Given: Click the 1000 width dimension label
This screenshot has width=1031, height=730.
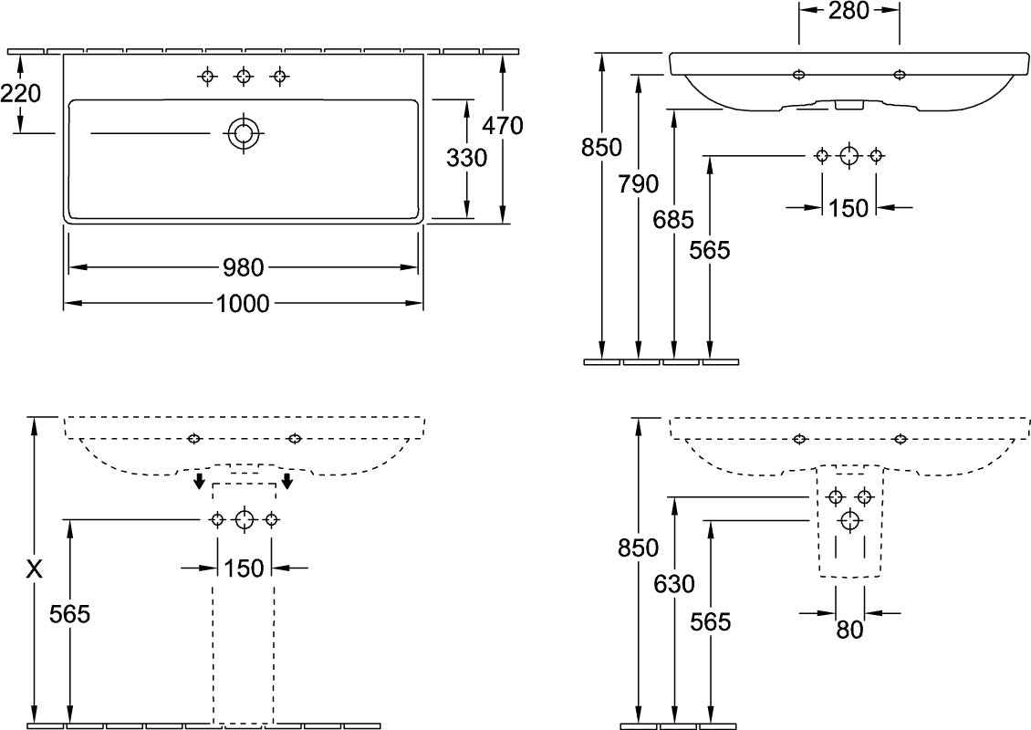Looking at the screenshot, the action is tap(243, 304).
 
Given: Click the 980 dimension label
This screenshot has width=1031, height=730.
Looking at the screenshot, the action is tap(244, 267).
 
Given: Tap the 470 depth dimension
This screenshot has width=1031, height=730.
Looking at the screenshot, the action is tap(503, 125).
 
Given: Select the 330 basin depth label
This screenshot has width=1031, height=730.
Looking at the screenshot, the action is tap(467, 158).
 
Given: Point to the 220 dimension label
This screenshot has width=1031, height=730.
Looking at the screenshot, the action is tap(20, 94).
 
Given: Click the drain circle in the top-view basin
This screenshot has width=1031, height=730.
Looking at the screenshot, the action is tap(244, 133).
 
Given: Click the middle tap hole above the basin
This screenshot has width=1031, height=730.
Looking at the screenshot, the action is tap(244, 77).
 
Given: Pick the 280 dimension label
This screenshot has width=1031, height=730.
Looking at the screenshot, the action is tap(849, 11).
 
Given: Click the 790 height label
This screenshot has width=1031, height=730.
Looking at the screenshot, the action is tap(638, 184).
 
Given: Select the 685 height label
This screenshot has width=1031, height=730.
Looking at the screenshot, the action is tap(673, 220).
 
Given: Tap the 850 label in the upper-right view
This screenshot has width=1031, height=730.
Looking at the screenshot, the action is tap(601, 148).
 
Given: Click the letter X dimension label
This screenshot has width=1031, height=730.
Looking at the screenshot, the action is tap(34, 569).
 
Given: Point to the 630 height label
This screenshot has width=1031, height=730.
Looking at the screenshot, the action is tap(674, 584).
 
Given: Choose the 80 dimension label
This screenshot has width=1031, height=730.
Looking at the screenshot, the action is tap(849, 630).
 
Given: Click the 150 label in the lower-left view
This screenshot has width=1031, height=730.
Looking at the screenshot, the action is tap(244, 568).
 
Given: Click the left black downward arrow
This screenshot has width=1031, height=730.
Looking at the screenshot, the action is tap(199, 481).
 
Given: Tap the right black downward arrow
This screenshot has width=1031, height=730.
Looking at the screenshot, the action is tap(286, 481).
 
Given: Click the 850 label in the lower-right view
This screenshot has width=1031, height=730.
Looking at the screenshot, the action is tap(638, 547).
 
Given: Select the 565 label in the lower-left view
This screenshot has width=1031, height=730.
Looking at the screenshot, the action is tap(69, 614).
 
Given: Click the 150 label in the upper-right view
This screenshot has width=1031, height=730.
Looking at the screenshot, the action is tap(849, 208).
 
